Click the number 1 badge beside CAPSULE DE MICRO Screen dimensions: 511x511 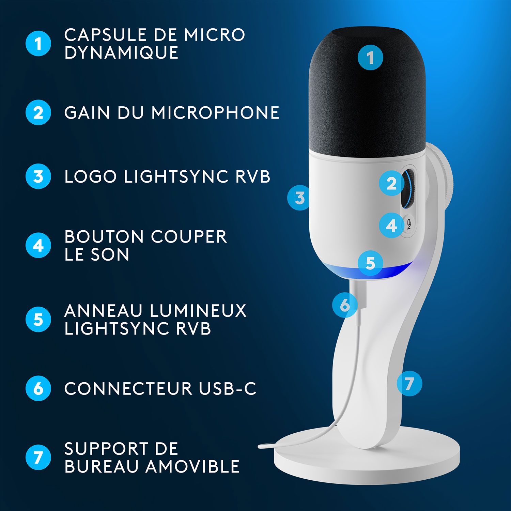click(38, 44)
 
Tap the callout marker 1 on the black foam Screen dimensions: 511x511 click(370, 57)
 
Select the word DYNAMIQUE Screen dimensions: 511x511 click(121, 53)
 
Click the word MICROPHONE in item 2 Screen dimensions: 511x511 click(215, 113)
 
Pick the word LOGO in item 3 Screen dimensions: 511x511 click(91, 176)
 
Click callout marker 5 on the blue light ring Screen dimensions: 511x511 click(370, 263)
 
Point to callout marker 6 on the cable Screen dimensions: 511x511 click(345, 305)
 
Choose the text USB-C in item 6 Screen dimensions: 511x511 click(228, 388)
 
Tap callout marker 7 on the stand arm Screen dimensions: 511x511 click(409, 383)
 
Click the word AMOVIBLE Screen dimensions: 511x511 click(193, 466)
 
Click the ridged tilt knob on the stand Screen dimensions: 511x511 click(443, 177)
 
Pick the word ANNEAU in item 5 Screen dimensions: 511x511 click(103, 311)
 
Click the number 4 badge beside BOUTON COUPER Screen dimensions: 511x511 click(38, 245)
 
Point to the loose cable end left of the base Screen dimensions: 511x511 click(264, 446)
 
